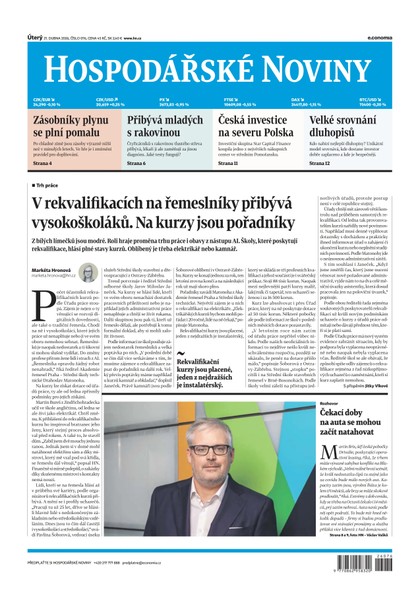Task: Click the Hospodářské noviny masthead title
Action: (209, 69)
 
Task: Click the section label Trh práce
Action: (50, 186)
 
